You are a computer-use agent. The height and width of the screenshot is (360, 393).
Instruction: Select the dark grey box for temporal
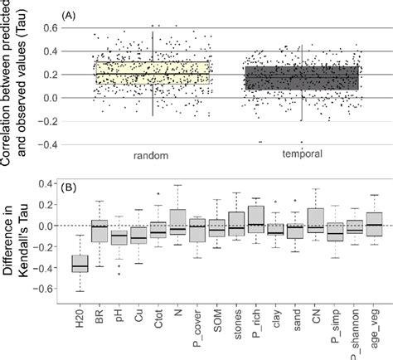pos(301,78)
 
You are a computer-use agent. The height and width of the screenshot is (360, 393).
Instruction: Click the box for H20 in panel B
pos(80,264)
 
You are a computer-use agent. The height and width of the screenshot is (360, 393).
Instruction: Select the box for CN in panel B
pos(314,219)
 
